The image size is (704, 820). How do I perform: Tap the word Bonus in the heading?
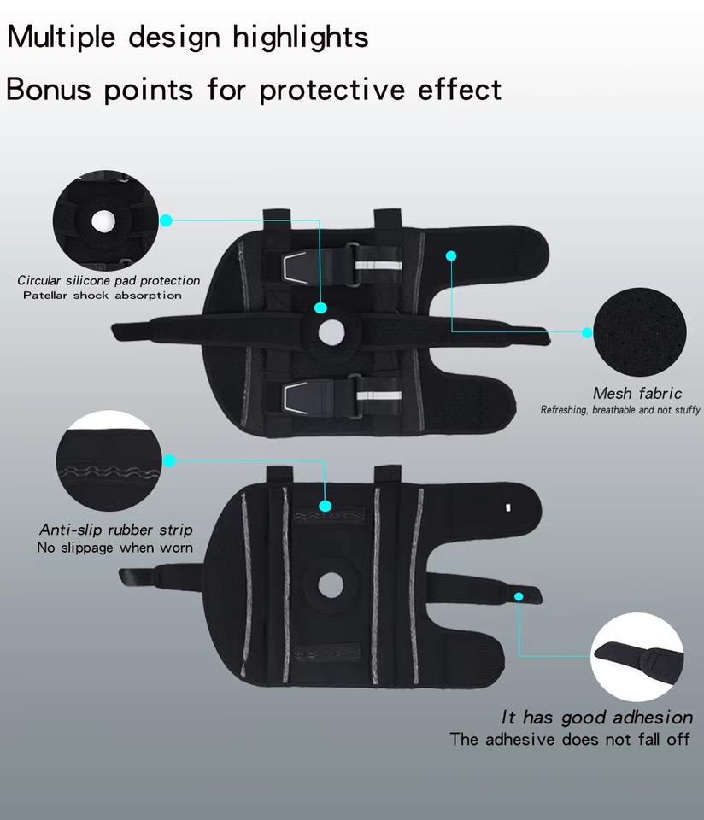pyautogui.click(x=50, y=89)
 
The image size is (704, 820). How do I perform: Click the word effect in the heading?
pyautogui.click(x=460, y=89)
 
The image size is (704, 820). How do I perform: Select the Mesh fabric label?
pyautogui.click(x=637, y=394)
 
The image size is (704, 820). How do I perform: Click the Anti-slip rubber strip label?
pyautogui.click(x=116, y=530)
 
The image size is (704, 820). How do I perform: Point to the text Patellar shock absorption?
pyautogui.click(x=103, y=296)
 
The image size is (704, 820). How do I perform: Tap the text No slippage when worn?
pyautogui.click(x=115, y=548)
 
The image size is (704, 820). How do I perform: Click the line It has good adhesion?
pyautogui.click(x=596, y=717)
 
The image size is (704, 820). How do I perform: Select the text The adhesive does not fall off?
pyautogui.click(x=570, y=739)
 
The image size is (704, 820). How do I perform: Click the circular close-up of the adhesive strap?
pyautogui.click(x=637, y=658)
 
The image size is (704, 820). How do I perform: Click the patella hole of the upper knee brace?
pyautogui.click(x=331, y=331)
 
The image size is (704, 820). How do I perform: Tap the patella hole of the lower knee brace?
pyautogui.click(x=330, y=585)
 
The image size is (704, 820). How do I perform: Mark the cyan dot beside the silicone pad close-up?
pyautogui.click(x=167, y=220)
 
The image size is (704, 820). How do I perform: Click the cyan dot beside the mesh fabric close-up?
pyautogui.click(x=587, y=333)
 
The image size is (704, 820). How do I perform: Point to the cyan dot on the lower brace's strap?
pyautogui.click(x=518, y=595)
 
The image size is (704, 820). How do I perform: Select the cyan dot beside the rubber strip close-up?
pyautogui.click(x=169, y=461)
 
